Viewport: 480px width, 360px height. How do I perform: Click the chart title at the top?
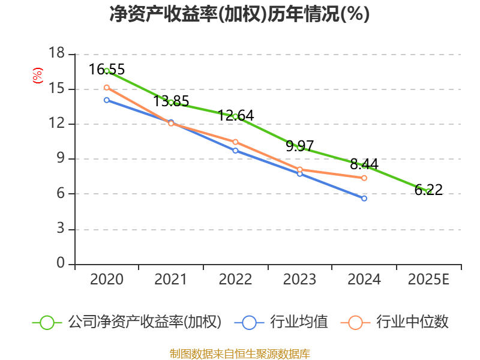point(239,14)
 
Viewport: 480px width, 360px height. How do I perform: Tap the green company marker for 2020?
point(107,71)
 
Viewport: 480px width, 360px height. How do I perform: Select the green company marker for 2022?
point(235,116)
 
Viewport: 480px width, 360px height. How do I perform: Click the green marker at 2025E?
point(428,191)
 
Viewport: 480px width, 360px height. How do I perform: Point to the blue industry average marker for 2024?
point(364,198)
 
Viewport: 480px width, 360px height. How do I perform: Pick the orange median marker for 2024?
point(364,178)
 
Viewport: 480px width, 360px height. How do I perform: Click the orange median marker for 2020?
point(107,88)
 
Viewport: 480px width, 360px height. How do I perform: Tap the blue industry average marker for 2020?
point(107,100)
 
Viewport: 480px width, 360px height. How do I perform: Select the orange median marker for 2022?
point(235,142)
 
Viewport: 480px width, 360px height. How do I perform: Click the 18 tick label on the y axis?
point(56,54)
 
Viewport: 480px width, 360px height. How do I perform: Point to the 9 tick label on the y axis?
point(61,159)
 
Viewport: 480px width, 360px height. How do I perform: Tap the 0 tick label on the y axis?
point(61,264)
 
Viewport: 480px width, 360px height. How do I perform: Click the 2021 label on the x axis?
point(171,280)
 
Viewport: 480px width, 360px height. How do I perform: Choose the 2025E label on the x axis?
point(428,280)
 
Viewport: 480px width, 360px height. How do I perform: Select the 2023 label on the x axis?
point(299,280)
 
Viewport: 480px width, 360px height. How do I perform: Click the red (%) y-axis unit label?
point(37,76)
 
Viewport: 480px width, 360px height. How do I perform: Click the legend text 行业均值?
point(299,322)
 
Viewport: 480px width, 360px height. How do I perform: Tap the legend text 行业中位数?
point(412,322)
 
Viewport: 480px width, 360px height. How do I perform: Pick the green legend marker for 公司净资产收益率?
point(47,322)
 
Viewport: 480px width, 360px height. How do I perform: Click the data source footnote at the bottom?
point(239,353)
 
